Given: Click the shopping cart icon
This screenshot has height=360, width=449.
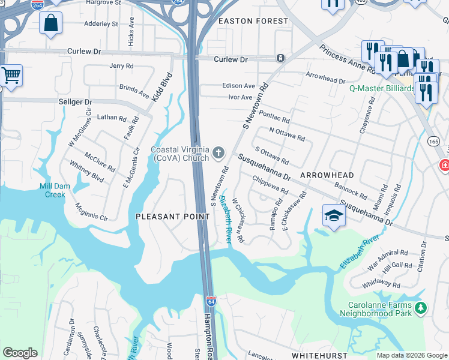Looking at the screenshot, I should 11,76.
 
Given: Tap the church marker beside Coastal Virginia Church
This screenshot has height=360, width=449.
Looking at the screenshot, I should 218,154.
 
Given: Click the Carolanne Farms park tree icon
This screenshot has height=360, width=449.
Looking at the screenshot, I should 421,308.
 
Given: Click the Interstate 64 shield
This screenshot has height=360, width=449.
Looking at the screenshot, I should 211,299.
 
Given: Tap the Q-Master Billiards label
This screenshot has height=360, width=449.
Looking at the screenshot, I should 382,88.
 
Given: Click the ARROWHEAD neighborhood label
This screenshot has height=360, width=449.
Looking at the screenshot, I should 327,175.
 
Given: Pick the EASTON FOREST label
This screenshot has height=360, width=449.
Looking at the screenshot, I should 253,21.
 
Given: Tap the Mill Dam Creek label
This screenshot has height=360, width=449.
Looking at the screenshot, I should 55,190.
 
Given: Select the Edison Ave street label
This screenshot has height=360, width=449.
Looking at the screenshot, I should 238,86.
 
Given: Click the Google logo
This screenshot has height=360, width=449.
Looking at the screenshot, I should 20,352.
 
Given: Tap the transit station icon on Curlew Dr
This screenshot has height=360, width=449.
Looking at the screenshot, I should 280,58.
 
